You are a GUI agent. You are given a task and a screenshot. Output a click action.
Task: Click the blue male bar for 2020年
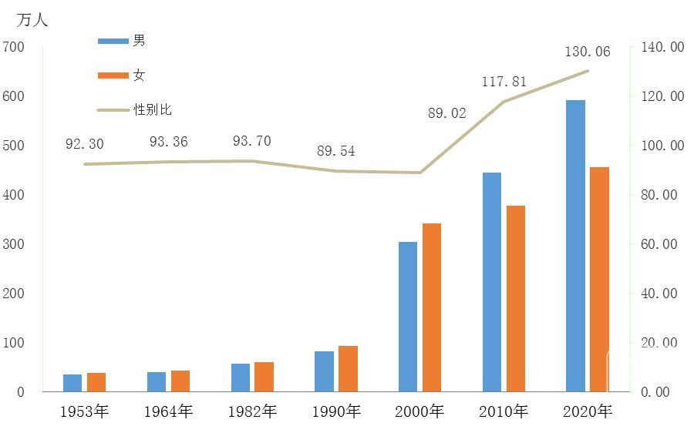click(x=575, y=246)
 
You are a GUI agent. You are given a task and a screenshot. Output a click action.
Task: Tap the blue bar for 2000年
click(x=408, y=317)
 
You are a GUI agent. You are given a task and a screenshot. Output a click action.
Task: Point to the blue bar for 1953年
click(x=72, y=383)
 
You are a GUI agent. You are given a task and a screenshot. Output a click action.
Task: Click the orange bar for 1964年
click(x=180, y=381)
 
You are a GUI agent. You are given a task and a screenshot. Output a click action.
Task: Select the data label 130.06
click(x=588, y=52)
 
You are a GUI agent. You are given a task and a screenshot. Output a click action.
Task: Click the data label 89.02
click(x=447, y=113)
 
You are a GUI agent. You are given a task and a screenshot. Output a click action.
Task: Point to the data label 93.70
click(x=252, y=141)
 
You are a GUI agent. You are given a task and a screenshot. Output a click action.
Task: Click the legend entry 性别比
click(x=153, y=110)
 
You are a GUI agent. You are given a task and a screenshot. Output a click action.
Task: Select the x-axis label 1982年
click(x=252, y=411)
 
